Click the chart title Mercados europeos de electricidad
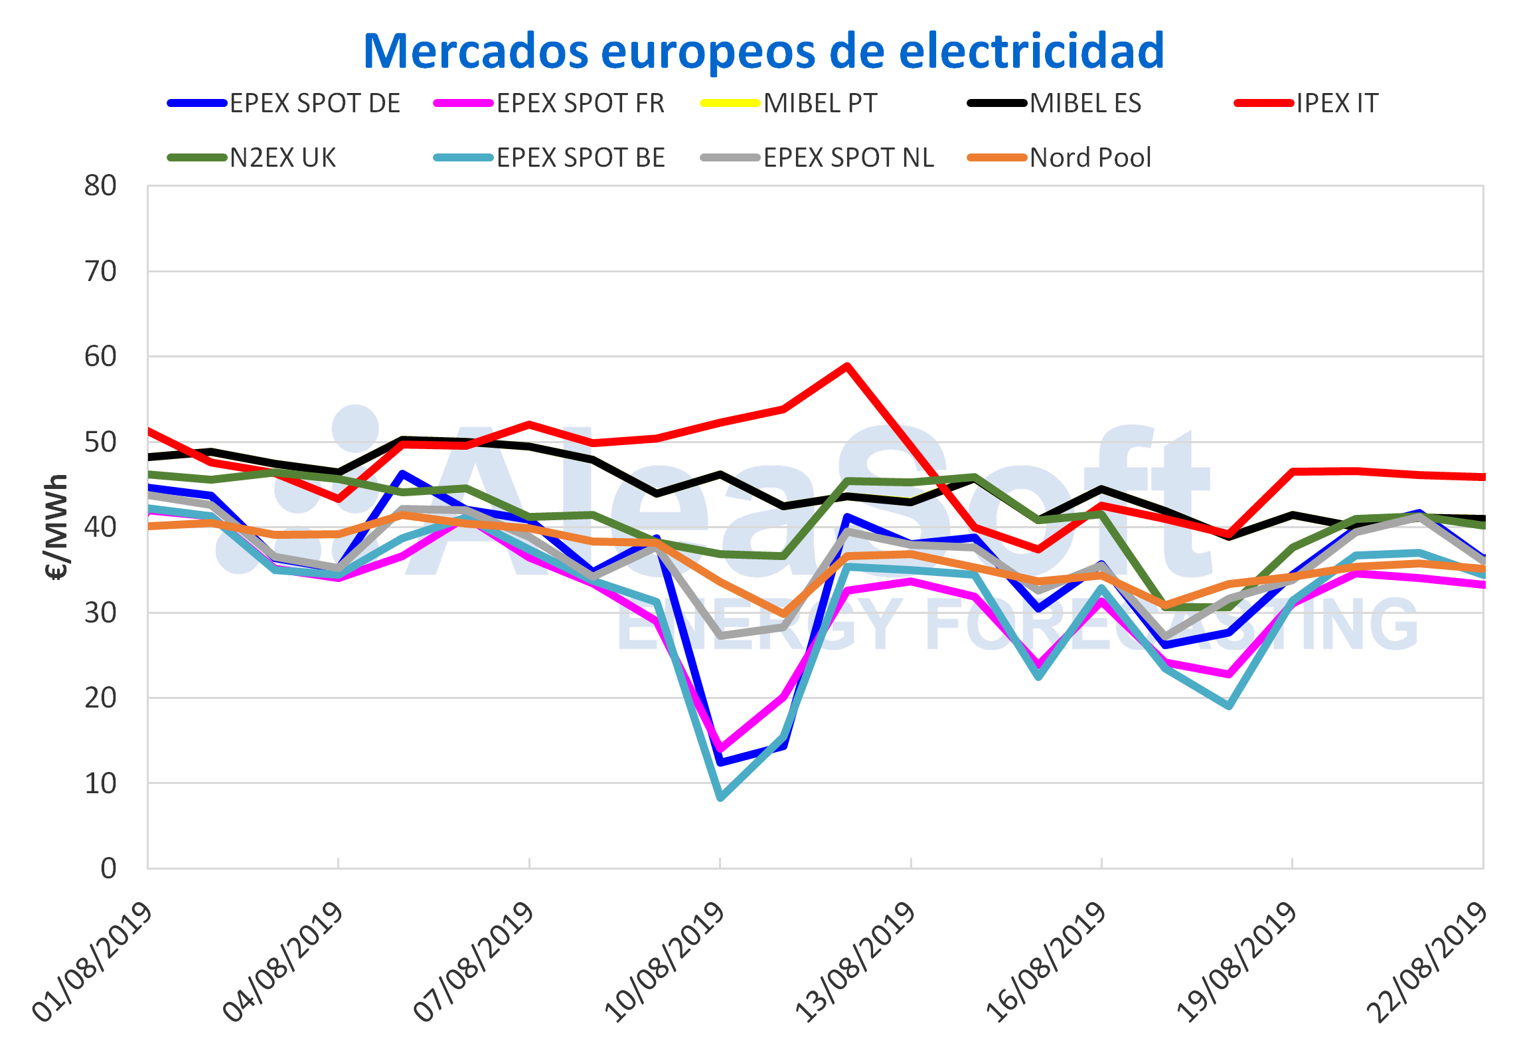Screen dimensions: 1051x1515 [x=763, y=50]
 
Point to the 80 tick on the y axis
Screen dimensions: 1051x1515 [x=100, y=186]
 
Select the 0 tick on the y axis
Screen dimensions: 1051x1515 [x=108, y=868]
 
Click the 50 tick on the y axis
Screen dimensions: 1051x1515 [x=100, y=442]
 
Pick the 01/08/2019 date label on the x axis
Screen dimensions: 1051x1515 [x=93, y=961]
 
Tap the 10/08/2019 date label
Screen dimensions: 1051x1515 [x=664, y=961]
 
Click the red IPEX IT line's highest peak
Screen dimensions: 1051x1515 [x=847, y=366]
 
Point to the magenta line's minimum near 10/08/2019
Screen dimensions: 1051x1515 [x=720, y=749]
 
